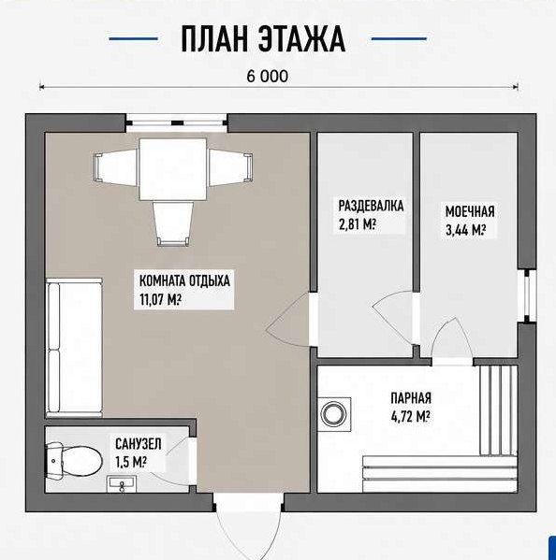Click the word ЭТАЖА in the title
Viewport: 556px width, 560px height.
pyautogui.click(x=301, y=39)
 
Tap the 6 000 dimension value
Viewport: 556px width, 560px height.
pyautogui.click(x=267, y=76)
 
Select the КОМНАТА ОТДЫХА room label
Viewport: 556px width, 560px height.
pyautogui.click(x=184, y=280)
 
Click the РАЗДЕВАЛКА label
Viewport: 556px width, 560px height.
pyautogui.click(x=372, y=206)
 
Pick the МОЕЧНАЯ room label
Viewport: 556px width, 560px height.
pyautogui.click(x=470, y=212)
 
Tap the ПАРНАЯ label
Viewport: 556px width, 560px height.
pyautogui.click(x=411, y=398)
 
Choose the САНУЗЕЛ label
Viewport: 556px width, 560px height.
pyautogui.click(x=139, y=444)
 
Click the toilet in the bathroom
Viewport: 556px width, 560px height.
pyautogui.click(x=74, y=460)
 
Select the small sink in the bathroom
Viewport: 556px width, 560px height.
pyautogui.click(x=122, y=484)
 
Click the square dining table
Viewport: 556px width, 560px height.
pyautogui.click(x=173, y=169)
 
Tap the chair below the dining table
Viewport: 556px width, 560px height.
pyautogui.click(x=173, y=223)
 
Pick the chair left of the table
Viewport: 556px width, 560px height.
pyautogui.click(x=116, y=167)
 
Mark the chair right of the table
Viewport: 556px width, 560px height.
pyautogui.click(x=230, y=167)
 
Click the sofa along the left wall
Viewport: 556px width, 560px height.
pyautogui.click(x=74, y=348)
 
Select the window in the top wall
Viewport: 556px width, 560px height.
pyautogui.click(x=177, y=122)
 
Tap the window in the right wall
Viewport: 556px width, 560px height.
pyautogui.click(x=527, y=296)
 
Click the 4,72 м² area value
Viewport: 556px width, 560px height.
pyautogui.click(x=411, y=417)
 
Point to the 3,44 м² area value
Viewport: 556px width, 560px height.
pyautogui.click(x=466, y=230)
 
